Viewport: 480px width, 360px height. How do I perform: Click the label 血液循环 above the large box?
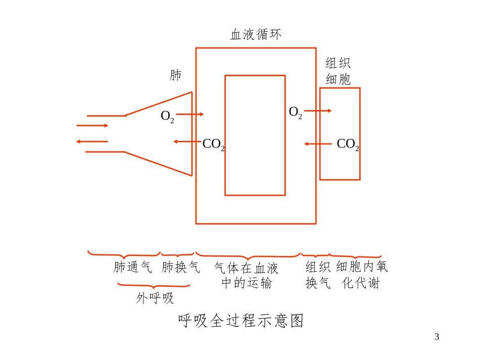click(x=256, y=35)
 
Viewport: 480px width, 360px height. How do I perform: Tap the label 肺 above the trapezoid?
click(x=175, y=76)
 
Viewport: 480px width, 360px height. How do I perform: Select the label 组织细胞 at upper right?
click(x=339, y=71)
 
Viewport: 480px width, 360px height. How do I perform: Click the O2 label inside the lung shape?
click(x=167, y=117)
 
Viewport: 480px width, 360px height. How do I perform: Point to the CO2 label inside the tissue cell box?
click(x=348, y=145)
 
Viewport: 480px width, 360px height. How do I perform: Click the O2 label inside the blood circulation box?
click(x=295, y=113)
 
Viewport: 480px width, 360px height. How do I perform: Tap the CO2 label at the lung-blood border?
click(x=213, y=145)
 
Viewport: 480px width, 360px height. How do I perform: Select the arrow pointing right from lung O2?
click(x=189, y=115)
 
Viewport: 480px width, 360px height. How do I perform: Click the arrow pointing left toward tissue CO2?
click(x=318, y=144)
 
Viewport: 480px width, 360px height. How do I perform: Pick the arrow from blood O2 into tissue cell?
click(x=318, y=111)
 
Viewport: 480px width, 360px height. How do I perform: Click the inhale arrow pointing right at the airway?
click(x=92, y=125)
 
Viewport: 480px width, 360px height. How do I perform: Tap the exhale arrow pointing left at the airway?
click(x=92, y=141)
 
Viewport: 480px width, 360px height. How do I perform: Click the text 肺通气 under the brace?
click(x=132, y=267)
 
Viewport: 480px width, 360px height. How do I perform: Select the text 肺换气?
click(x=180, y=267)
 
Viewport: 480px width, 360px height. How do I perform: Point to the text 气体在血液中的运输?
click(x=247, y=275)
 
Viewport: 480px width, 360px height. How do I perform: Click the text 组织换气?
click(x=318, y=275)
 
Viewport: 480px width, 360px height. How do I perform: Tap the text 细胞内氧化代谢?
click(x=362, y=275)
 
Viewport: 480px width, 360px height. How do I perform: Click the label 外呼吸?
click(x=155, y=298)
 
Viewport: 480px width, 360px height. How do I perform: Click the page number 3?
click(x=437, y=337)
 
